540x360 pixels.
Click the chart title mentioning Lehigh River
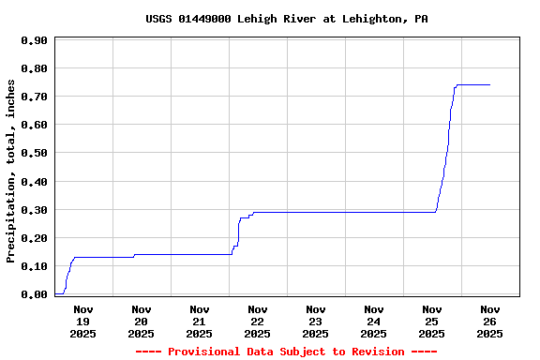click(287, 19)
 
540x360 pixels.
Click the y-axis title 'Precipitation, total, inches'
click(11, 171)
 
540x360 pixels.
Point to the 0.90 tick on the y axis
click(34, 40)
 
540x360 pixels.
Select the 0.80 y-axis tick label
click(34, 68)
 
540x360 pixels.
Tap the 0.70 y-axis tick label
click(34, 97)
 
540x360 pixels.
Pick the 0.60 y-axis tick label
click(34, 125)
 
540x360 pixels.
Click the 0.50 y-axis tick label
click(34, 153)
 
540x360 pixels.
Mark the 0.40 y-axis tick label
click(34, 182)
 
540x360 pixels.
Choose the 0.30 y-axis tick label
click(34, 210)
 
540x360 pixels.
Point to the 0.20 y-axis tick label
click(34, 238)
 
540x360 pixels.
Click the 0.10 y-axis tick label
click(34, 266)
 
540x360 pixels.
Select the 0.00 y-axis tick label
click(34, 294)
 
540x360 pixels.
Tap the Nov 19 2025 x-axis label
click(83, 322)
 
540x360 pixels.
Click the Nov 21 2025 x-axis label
click(200, 322)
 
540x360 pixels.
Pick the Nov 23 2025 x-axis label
click(316, 322)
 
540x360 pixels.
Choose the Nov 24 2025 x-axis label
click(374, 322)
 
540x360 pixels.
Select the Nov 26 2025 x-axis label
click(490, 322)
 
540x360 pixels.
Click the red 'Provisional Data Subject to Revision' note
click(287, 352)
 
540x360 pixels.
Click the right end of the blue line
click(489, 85)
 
